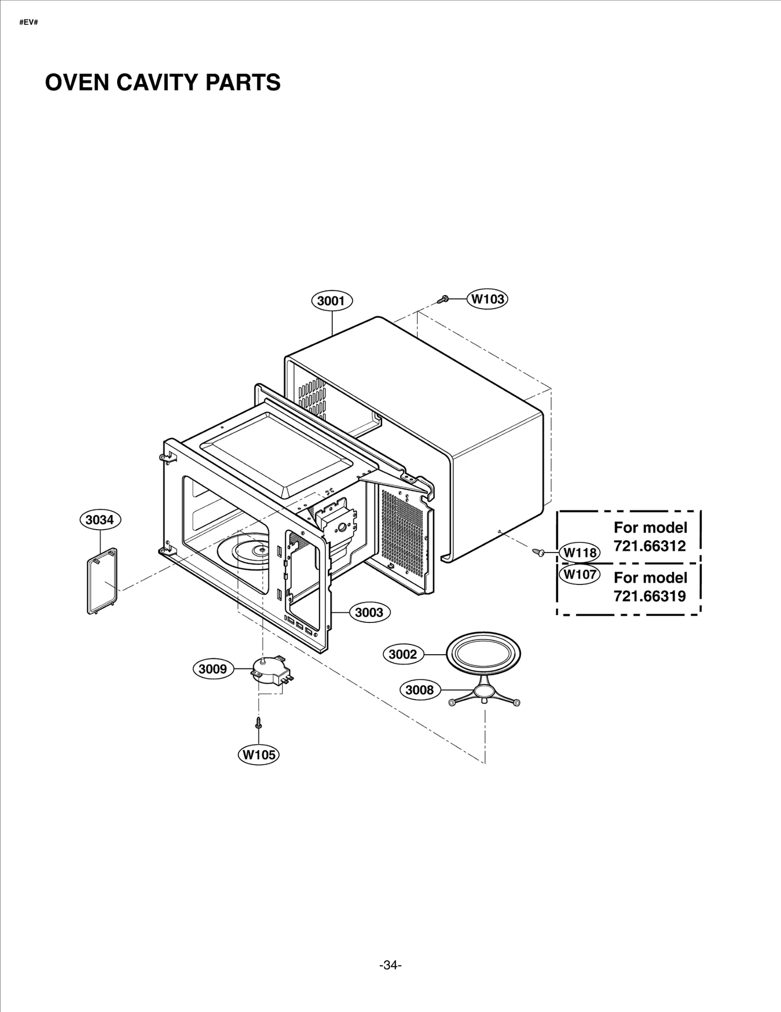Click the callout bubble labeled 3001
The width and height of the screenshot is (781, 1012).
pyautogui.click(x=331, y=301)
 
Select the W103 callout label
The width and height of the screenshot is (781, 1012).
pyautogui.click(x=488, y=299)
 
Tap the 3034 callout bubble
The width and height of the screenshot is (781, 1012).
pyautogui.click(x=100, y=520)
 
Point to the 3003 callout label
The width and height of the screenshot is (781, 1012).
pyautogui.click(x=369, y=612)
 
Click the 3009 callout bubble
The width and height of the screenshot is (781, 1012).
pyautogui.click(x=213, y=669)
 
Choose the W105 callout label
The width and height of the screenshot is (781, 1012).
pyautogui.click(x=259, y=755)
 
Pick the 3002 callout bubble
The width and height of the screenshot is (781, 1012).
pyautogui.click(x=403, y=654)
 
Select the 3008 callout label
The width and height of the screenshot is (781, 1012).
pyautogui.click(x=420, y=690)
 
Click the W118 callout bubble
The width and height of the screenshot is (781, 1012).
pyautogui.click(x=580, y=553)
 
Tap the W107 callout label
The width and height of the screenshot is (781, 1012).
pyautogui.click(x=580, y=574)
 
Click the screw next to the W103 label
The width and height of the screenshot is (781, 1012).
pyautogui.click(x=444, y=299)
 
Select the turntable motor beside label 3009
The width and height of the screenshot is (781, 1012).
pyautogui.click(x=269, y=671)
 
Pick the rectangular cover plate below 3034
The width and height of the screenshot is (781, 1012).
pyautogui.click(x=102, y=581)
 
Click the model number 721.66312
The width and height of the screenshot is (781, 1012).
pyautogui.click(x=650, y=546)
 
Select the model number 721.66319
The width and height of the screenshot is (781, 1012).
pyautogui.click(x=650, y=596)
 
